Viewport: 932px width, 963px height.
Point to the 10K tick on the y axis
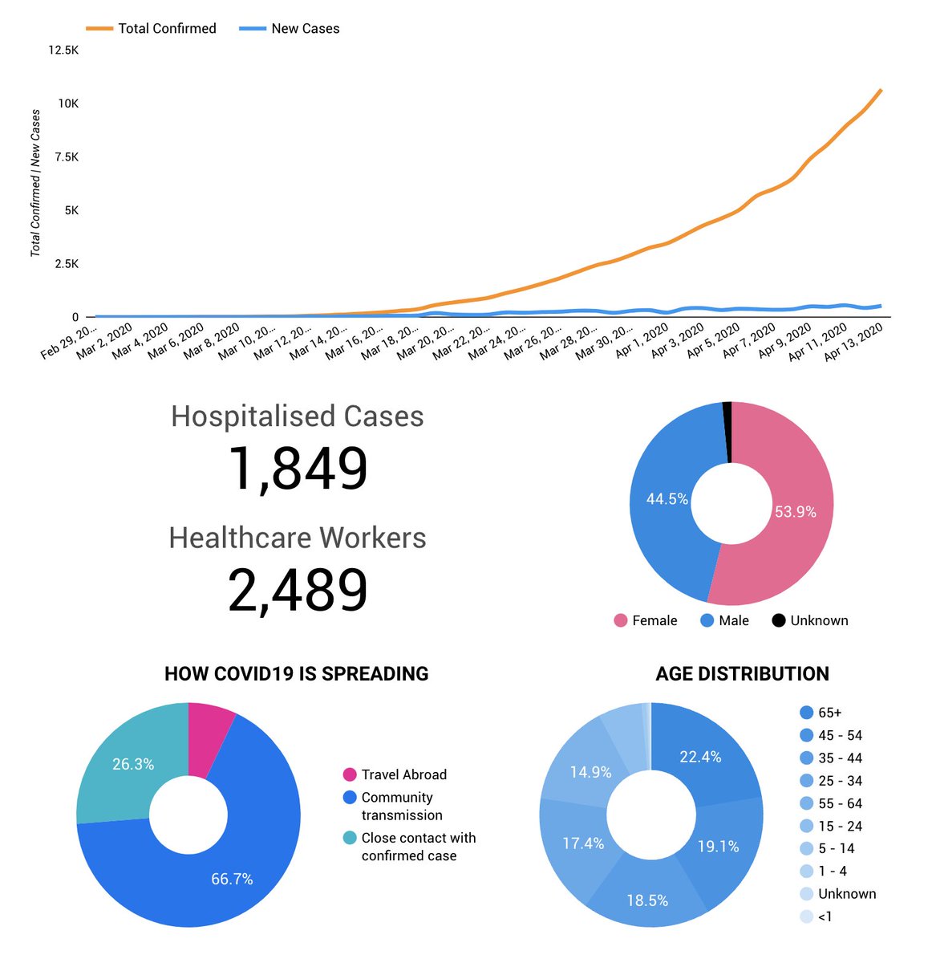[x=67, y=104]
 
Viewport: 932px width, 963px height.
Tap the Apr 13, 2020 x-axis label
[x=855, y=342]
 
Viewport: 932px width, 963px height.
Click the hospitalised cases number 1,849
[x=298, y=469]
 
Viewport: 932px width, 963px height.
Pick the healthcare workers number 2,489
[x=298, y=591]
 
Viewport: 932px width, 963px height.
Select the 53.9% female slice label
[x=795, y=512]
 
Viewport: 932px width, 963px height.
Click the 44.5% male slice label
[x=667, y=499]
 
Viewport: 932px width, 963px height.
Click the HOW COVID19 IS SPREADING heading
[x=296, y=673]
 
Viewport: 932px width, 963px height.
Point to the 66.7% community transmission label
[x=232, y=880]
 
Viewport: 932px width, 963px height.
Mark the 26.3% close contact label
[x=133, y=764]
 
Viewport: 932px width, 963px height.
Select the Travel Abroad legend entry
[x=403, y=774]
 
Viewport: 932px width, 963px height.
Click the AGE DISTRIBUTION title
[x=742, y=673]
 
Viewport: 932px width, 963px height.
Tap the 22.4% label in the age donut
[x=700, y=757]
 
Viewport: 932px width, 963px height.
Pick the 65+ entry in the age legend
[x=829, y=713]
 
